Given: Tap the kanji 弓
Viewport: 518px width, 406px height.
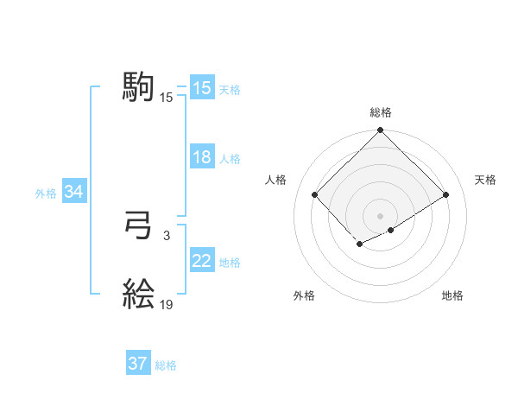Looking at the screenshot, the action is click(x=139, y=227).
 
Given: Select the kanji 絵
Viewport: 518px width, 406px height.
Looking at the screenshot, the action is click(x=139, y=295).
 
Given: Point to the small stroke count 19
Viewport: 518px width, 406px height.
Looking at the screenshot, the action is click(x=167, y=304).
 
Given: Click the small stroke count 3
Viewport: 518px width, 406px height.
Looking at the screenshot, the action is click(x=166, y=235).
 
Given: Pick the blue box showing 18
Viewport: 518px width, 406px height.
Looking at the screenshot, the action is click(x=202, y=157).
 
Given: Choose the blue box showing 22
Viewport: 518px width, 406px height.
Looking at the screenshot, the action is click(x=202, y=261).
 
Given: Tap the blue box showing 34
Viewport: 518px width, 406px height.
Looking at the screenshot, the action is click(x=73, y=192).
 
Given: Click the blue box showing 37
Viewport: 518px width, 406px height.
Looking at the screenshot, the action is click(x=138, y=364).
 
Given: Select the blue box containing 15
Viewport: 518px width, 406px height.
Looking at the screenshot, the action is click(x=202, y=88).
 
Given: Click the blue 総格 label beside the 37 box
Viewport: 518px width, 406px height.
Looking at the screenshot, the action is click(x=166, y=365).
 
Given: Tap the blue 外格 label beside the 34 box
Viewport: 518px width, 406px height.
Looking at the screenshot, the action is click(x=46, y=193).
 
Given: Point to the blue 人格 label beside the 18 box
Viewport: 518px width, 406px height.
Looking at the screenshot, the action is click(x=230, y=159).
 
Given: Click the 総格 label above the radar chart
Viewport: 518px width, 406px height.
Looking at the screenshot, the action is click(x=381, y=112).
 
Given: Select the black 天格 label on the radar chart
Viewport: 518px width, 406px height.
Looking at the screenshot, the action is click(x=485, y=180).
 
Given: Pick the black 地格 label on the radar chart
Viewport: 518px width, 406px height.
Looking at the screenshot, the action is click(x=452, y=295).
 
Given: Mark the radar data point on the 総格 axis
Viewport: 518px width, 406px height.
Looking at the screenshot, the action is click(x=381, y=131).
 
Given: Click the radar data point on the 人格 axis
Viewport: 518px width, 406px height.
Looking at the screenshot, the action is click(x=315, y=194).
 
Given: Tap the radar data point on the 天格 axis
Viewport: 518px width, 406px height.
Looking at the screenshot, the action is click(x=446, y=194).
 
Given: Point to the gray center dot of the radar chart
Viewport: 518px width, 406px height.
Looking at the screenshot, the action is click(x=381, y=215).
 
